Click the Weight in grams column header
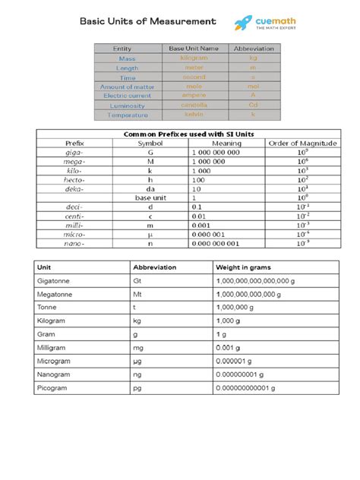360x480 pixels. [244, 267]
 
